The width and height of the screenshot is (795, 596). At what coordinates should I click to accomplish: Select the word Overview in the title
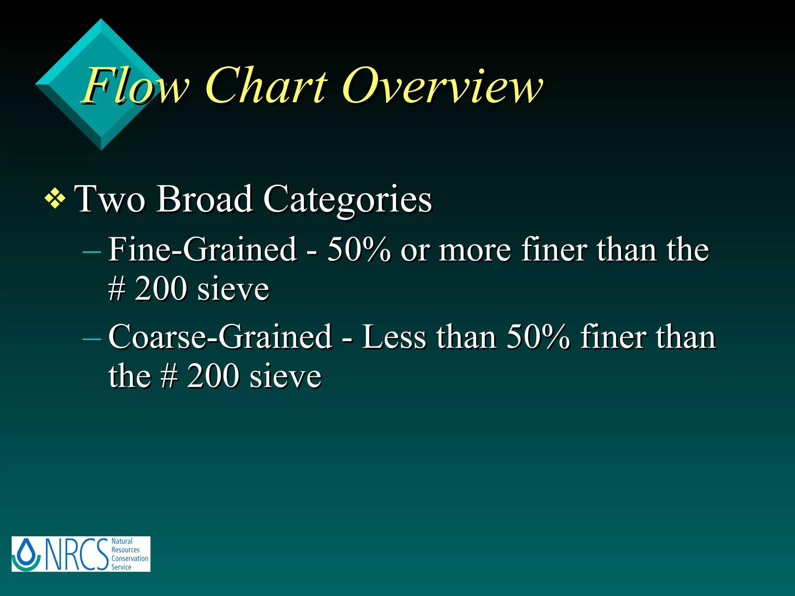coord(443,86)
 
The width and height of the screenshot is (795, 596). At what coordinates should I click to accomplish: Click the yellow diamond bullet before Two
coord(55,200)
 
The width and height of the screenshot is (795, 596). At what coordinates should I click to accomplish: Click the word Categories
coord(347,200)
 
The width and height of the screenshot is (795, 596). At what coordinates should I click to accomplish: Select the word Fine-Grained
coord(202,249)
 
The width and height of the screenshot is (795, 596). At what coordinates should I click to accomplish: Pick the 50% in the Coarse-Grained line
coord(538,337)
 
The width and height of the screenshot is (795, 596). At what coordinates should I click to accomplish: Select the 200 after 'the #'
coord(213,376)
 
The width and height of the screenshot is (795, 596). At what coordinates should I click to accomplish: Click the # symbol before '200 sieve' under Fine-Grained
coord(117,289)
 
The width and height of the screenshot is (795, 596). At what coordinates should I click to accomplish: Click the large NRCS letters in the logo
coord(76,554)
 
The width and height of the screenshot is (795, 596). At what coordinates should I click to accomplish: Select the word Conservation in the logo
coord(130,558)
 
